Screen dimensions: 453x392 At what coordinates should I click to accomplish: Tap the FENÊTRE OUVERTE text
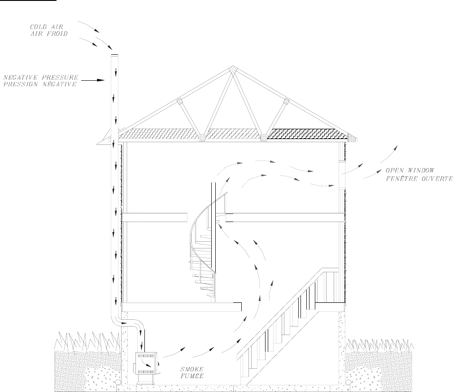(419, 178)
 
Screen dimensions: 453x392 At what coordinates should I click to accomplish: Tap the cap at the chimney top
(114, 55)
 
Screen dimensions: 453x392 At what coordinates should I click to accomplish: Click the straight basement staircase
(287, 323)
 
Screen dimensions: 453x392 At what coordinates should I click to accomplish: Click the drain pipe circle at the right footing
(348, 382)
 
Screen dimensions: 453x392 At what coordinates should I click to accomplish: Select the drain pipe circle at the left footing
(117, 382)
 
